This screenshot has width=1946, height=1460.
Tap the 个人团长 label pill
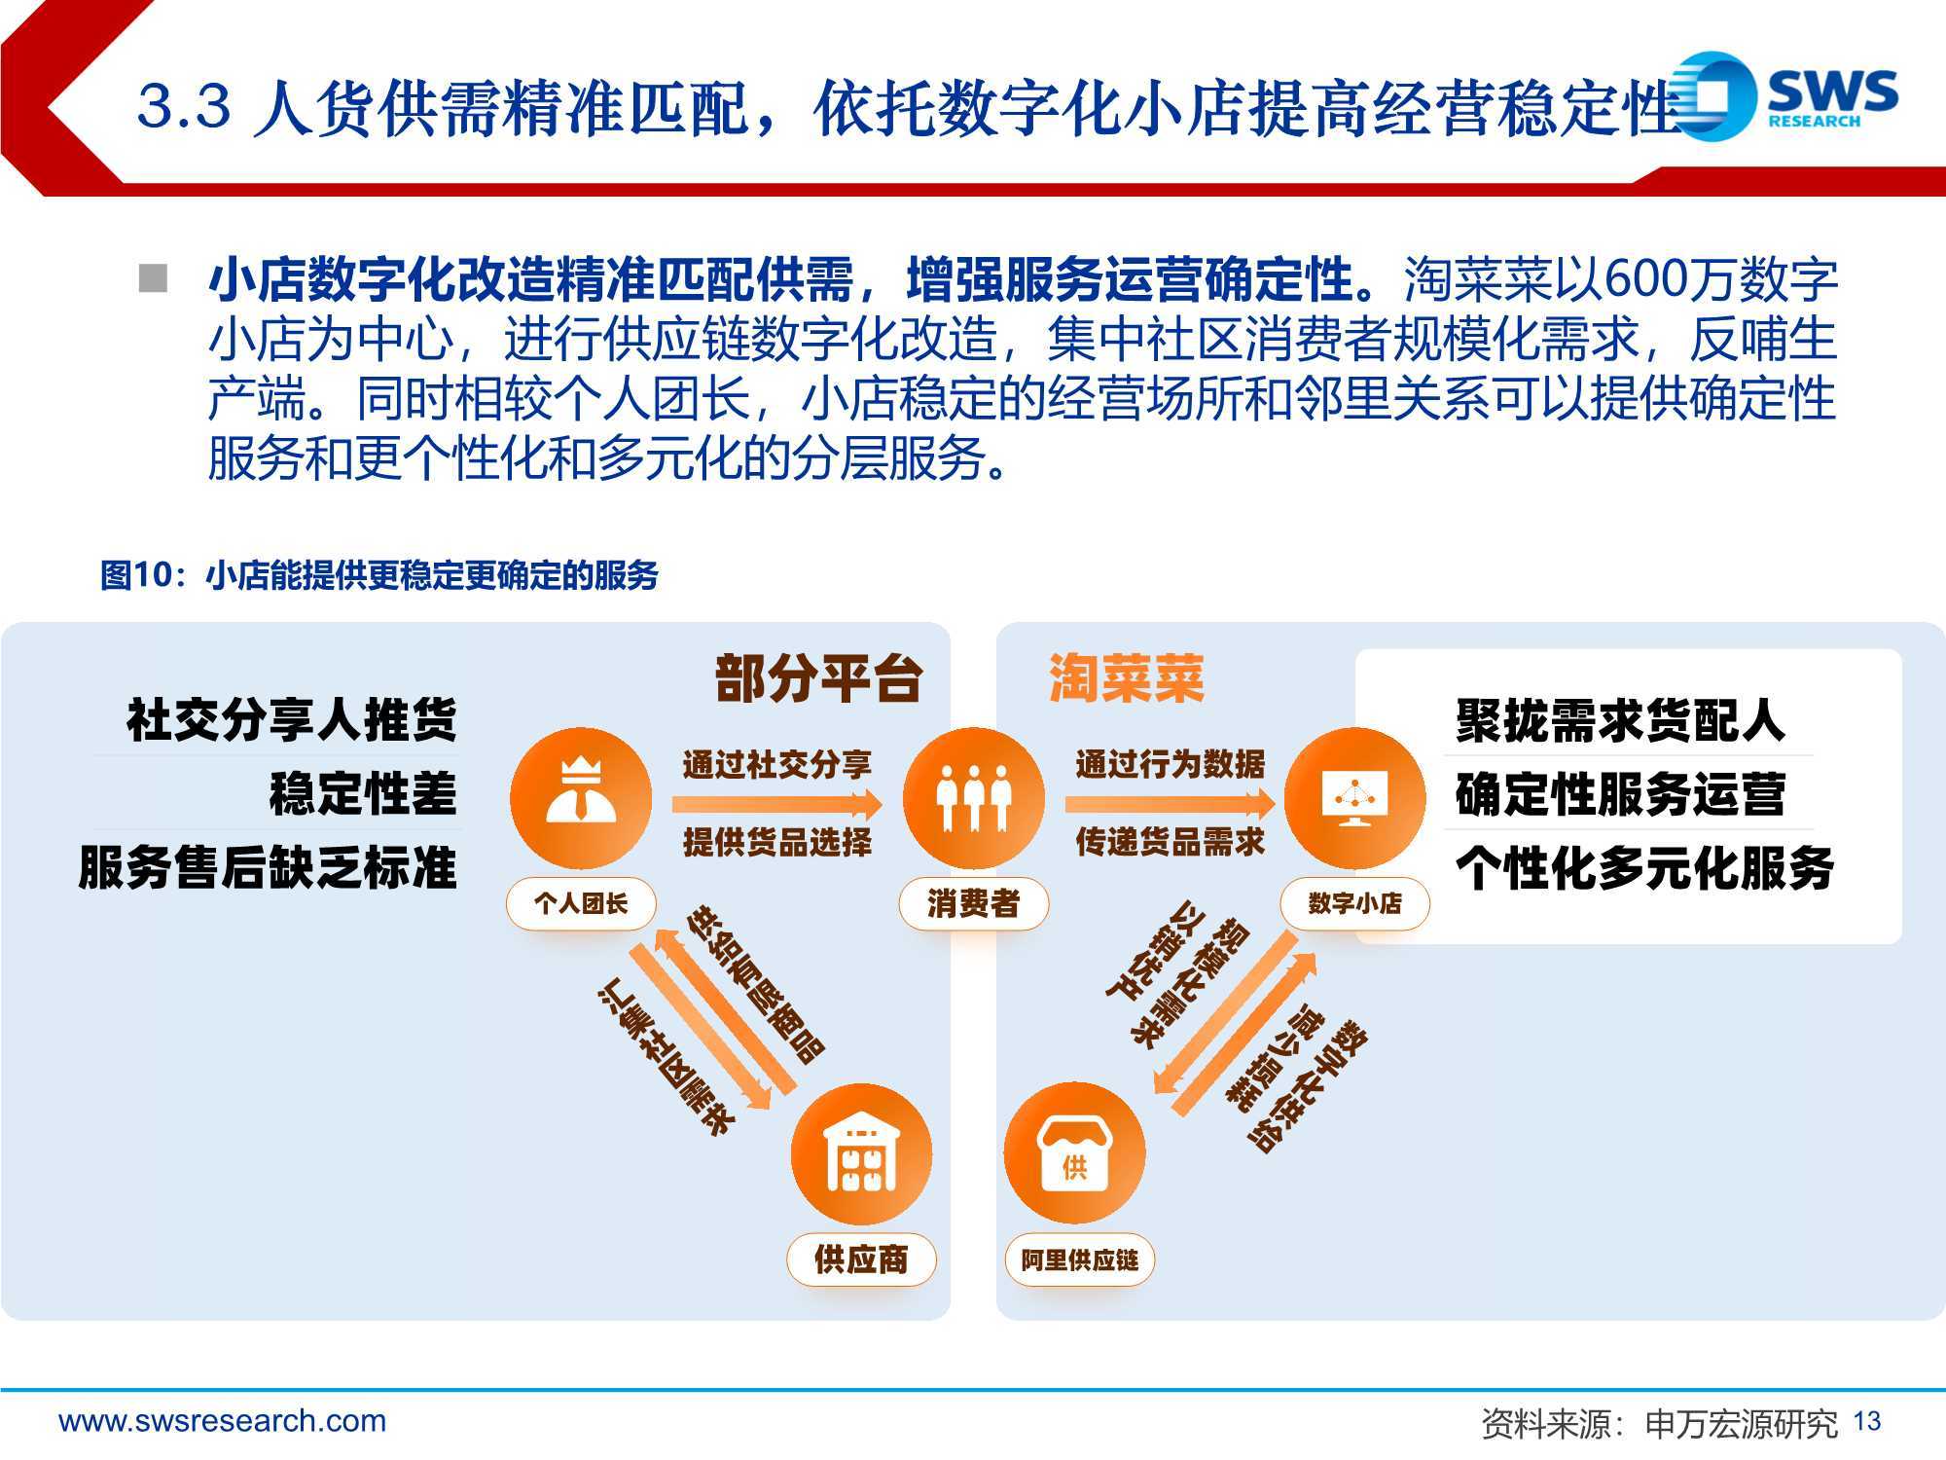click(x=581, y=903)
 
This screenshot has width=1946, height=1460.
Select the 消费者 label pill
click(x=973, y=903)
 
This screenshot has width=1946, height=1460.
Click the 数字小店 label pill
click(x=1354, y=903)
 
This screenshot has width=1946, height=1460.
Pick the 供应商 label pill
click(x=861, y=1259)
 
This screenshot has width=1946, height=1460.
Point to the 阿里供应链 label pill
click(x=1079, y=1259)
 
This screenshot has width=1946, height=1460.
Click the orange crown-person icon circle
click(x=581, y=798)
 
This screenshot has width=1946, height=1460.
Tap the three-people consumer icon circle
click(x=973, y=798)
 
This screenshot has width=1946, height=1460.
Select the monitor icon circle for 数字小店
click(x=1354, y=798)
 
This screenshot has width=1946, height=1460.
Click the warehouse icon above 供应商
click(x=861, y=1154)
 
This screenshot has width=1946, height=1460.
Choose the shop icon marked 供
click(x=1074, y=1154)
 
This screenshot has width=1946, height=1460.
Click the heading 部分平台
click(x=818, y=678)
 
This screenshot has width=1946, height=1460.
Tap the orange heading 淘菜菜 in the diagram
click(x=1126, y=678)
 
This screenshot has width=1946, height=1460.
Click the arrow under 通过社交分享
click(x=776, y=804)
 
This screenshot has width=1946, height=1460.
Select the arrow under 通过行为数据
click(x=1170, y=804)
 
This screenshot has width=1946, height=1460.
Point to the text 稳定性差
click(x=363, y=793)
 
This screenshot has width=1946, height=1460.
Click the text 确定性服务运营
click(x=1620, y=793)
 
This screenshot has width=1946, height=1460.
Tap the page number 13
click(x=1867, y=1422)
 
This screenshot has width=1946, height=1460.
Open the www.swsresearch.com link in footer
click(x=223, y=1421)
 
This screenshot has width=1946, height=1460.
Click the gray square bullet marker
click(x=153, y=278)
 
